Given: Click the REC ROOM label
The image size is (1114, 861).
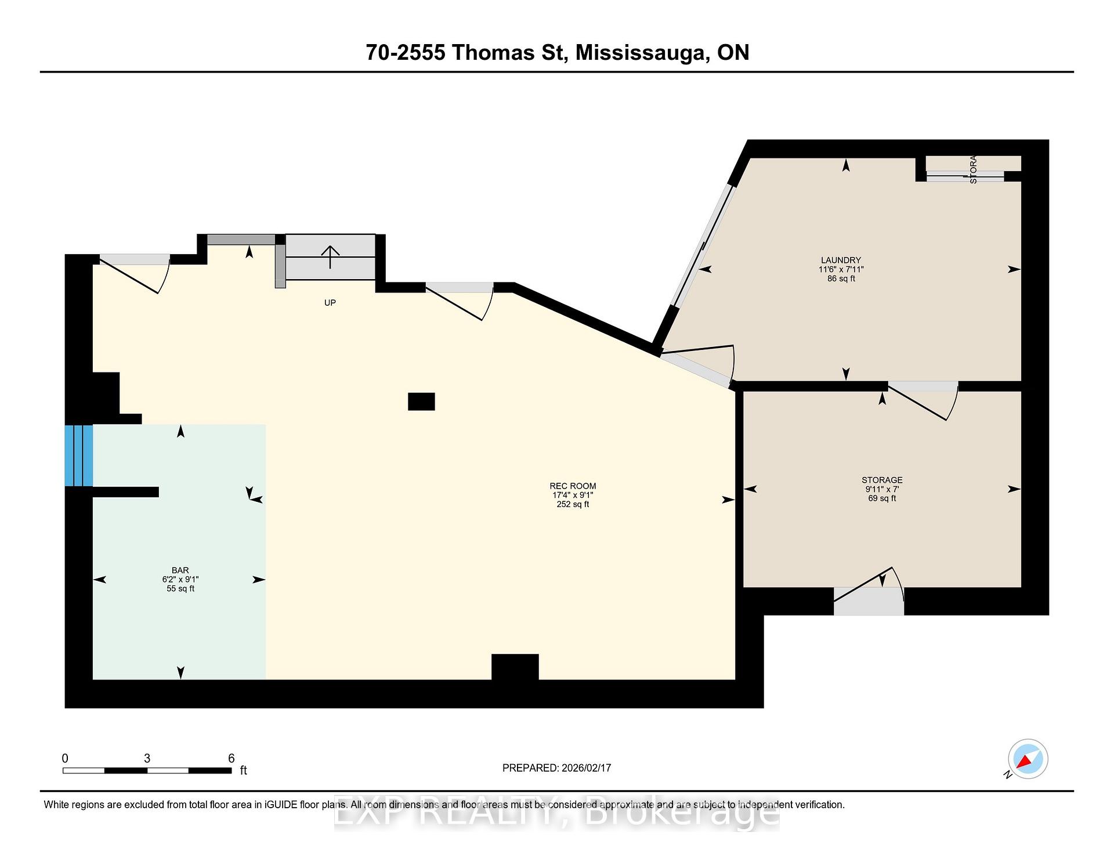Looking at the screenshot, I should pos(573,486).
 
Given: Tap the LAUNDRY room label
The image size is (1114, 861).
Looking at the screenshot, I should pos(841,261).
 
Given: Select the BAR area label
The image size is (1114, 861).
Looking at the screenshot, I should pos(180,570).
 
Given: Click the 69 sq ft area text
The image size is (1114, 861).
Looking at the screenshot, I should pos(882,498).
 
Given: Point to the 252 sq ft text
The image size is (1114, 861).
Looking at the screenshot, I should pos(573,505).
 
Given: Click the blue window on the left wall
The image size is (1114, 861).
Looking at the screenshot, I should pos(78,455).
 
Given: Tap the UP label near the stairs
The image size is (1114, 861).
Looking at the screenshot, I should pos(330,303).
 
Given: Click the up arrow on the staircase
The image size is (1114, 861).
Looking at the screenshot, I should pos(330,256).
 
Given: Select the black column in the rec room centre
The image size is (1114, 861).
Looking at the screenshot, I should pos(421,401).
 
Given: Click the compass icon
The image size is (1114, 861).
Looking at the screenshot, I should pos(1028,759).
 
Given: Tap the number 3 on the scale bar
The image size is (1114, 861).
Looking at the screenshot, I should pos(147,758).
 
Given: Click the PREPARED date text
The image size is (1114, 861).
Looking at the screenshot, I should pos(556,768).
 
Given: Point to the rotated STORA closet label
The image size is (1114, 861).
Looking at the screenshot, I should pos(973,169).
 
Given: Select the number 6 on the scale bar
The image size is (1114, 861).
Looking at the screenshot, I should pos(231,758).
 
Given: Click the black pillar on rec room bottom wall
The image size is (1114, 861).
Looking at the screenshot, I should pos(515,667).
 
